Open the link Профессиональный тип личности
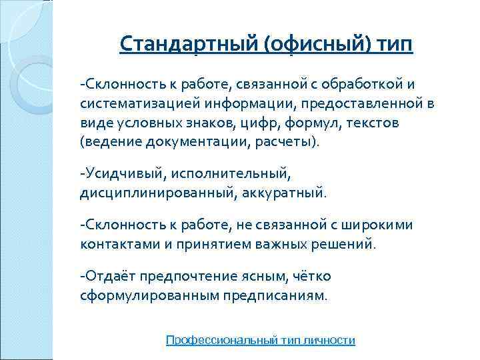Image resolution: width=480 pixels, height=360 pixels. coord(260,340)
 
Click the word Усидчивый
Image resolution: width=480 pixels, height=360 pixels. coord(121,174)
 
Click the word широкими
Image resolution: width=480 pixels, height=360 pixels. coord(378,225)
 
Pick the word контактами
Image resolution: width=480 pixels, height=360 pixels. coord(115,244)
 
